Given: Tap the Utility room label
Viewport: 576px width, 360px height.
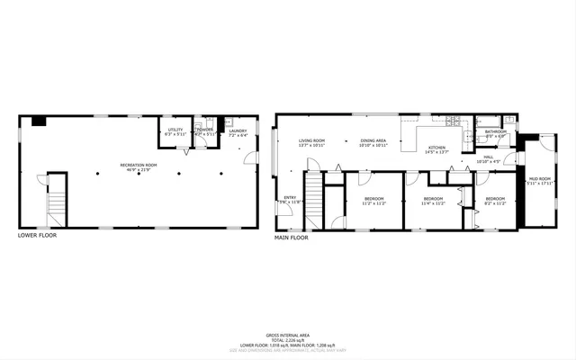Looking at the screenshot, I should (x=175, y=131).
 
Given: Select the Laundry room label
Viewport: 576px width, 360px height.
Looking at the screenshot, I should (x=238, y=132).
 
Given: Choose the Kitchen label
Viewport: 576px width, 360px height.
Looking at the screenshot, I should (x=436, y=149).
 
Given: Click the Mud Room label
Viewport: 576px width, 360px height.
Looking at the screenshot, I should (x=538, y=181).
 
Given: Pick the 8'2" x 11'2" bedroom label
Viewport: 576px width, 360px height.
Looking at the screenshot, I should (x=496, y=201).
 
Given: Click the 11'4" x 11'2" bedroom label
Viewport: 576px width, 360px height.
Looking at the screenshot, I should (x=434, y=201).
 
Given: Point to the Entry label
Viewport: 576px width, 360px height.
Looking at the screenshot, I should (x=290, y=199).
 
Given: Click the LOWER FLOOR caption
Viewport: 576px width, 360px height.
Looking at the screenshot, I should (x=40, y=235).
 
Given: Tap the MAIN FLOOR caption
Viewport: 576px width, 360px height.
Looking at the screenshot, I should (x=292, y=238).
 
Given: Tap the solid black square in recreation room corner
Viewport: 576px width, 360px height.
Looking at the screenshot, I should (x=38, y=121).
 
